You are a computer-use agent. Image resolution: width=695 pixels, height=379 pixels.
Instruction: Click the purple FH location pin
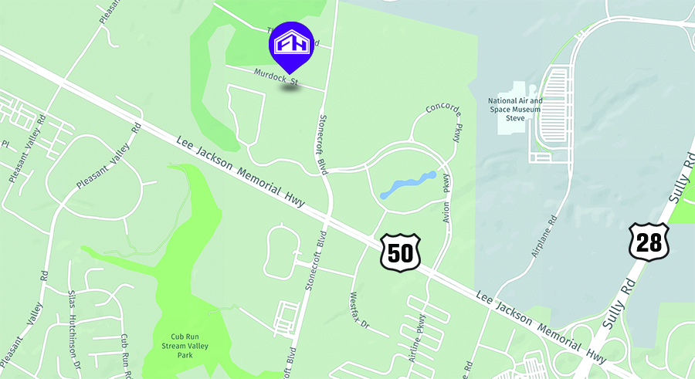291,46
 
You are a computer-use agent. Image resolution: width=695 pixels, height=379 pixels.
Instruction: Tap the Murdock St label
276,76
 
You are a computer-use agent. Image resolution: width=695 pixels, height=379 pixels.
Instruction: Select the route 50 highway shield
400,252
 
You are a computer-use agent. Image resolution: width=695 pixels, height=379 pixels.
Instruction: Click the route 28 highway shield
649,242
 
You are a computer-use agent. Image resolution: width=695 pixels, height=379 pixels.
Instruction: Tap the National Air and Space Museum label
515,109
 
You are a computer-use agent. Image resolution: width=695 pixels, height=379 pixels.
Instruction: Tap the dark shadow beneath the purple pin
291,87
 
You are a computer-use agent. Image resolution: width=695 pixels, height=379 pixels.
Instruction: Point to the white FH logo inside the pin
291,42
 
